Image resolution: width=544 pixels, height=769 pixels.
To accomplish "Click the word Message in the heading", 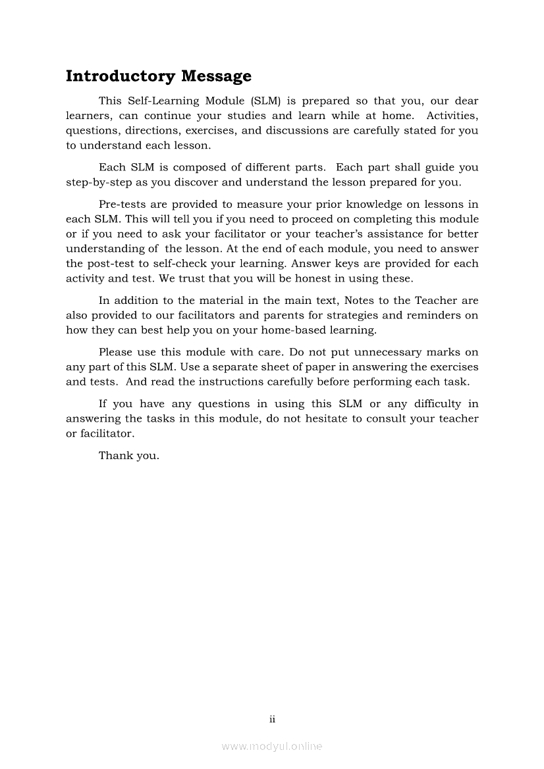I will (x=216, y=76).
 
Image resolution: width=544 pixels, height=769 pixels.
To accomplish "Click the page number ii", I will (x=272, y=719).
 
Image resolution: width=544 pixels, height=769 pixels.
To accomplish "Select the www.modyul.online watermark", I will (x=272, y=746).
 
